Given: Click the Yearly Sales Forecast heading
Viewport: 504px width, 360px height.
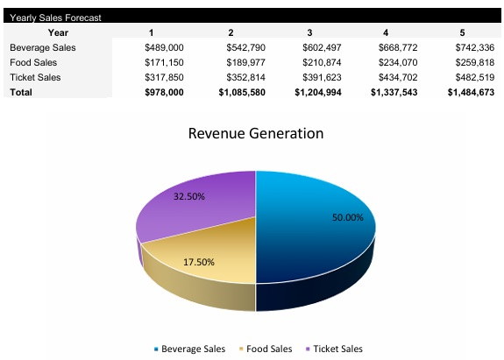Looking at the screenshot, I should [x=55, y=18].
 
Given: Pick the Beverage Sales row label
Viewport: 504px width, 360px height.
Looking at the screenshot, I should [x=43, y=47].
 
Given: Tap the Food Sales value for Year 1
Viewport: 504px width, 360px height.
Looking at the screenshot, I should [x=164, y=62].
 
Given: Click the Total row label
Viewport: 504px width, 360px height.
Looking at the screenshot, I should [x=20, y=92].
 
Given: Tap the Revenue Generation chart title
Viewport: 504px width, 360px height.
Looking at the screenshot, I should [x=256, y=134].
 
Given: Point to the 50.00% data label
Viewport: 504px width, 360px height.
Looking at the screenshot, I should [x=348, y=218].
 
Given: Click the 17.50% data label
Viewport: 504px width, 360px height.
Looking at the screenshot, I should [x=199, y=262].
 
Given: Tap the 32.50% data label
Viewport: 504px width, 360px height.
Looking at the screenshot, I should [x=189, y=196].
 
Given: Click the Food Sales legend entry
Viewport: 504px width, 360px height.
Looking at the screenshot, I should [x=266, y=349].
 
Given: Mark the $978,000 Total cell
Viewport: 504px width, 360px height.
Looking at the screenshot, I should [x=164, y=92].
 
